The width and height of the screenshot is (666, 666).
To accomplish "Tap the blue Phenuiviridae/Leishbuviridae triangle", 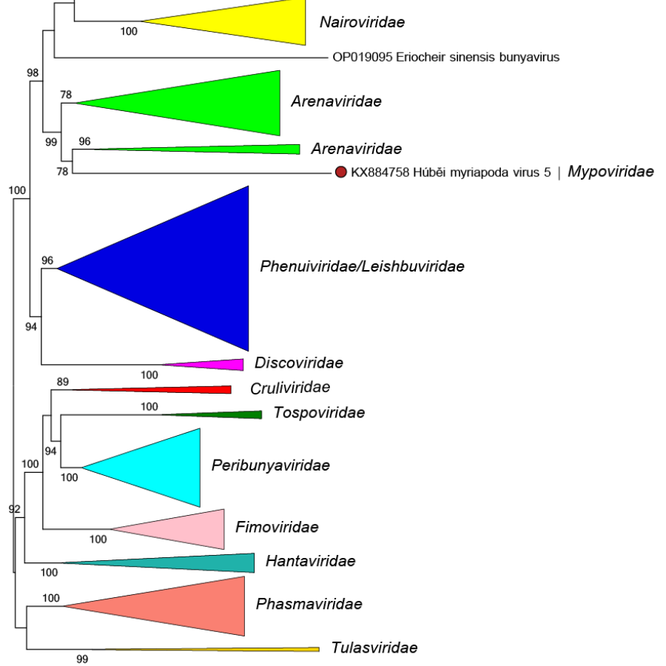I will pyautogui.click(x=192, y=268).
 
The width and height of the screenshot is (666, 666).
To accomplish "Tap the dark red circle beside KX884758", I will pyautogui.click(x=341, y=173).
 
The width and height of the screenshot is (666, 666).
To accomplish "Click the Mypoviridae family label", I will pyautogui.click(x=610, y=172).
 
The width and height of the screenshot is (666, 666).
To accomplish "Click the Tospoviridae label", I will pyautogui.click(x=319, y=413).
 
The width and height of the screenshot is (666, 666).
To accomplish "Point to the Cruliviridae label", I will pyautogui.click(x=290, y=388).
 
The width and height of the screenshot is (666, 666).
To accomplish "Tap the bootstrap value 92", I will pyautogui.click(x=14, y=509).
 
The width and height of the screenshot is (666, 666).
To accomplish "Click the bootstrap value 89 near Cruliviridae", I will pyautogui.click(x=63, y=382).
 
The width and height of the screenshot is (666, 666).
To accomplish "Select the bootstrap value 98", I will pyautogui.click(x=33, y=73).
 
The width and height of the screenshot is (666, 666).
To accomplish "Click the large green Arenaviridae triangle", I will pyautogui.click(x=222, y=103).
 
